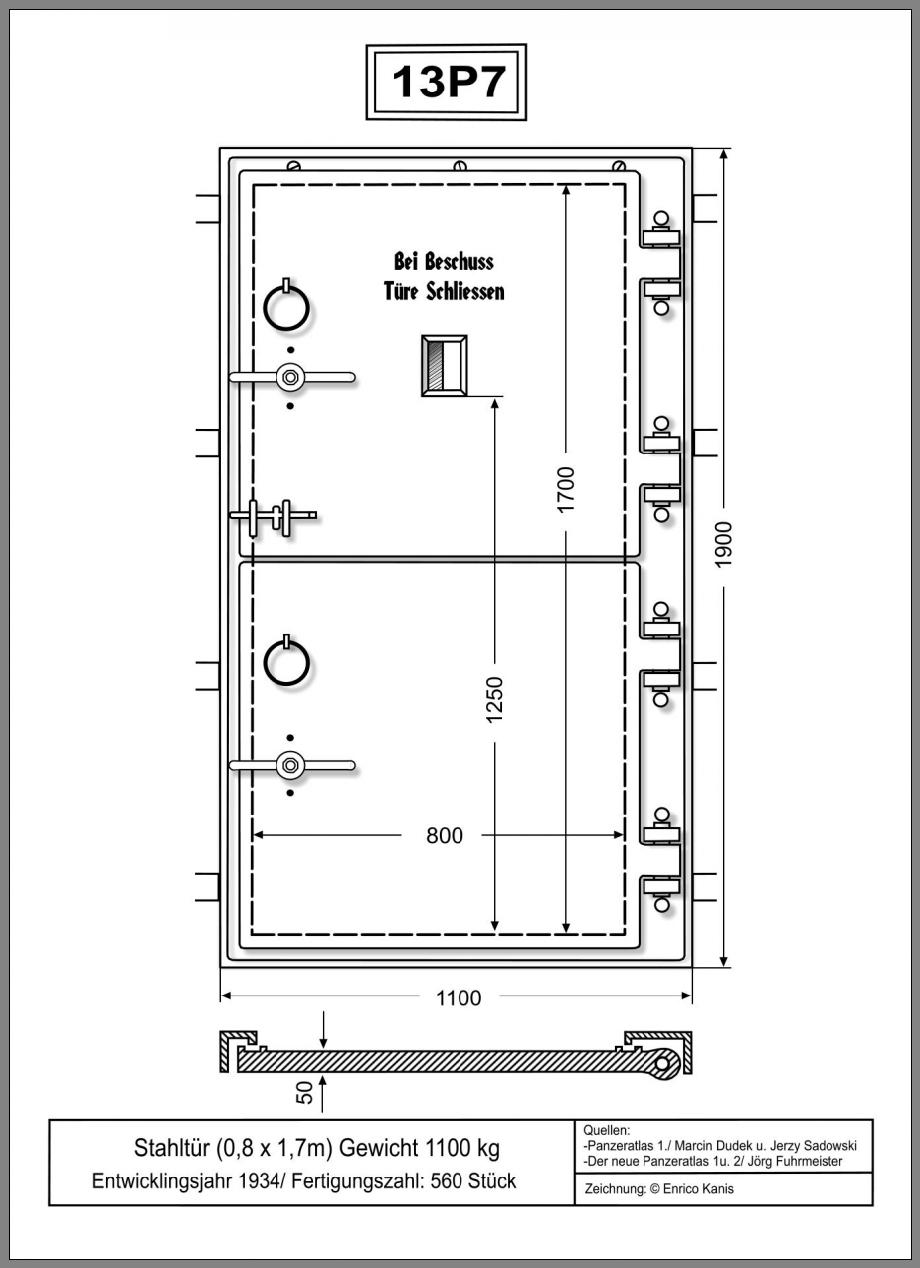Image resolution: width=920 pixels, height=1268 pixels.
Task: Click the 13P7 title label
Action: tap(447, 82)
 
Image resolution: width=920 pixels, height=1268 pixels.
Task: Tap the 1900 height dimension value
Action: tap(724, 544)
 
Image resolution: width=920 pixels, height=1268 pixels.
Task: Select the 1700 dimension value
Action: tap(566, 488)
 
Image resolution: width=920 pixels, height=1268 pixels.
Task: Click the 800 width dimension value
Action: tap(444, 836)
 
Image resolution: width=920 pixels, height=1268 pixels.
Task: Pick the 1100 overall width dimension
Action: tap(458, 997)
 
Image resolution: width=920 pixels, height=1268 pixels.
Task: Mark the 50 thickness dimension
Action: tap(305, 1092)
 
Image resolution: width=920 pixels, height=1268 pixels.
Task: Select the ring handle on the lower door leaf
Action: tap(286, 662)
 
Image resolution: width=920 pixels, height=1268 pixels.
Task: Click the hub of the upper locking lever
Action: tap(290, 377)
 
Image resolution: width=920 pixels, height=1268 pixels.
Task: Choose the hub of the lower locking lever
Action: tap(290, 765)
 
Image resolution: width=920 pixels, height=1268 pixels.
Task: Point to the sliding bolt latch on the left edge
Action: tap(273, 516)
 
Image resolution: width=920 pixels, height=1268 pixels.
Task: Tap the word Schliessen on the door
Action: tap(465, 292)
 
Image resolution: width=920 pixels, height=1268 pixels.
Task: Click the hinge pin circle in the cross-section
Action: tap(665, 1064)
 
